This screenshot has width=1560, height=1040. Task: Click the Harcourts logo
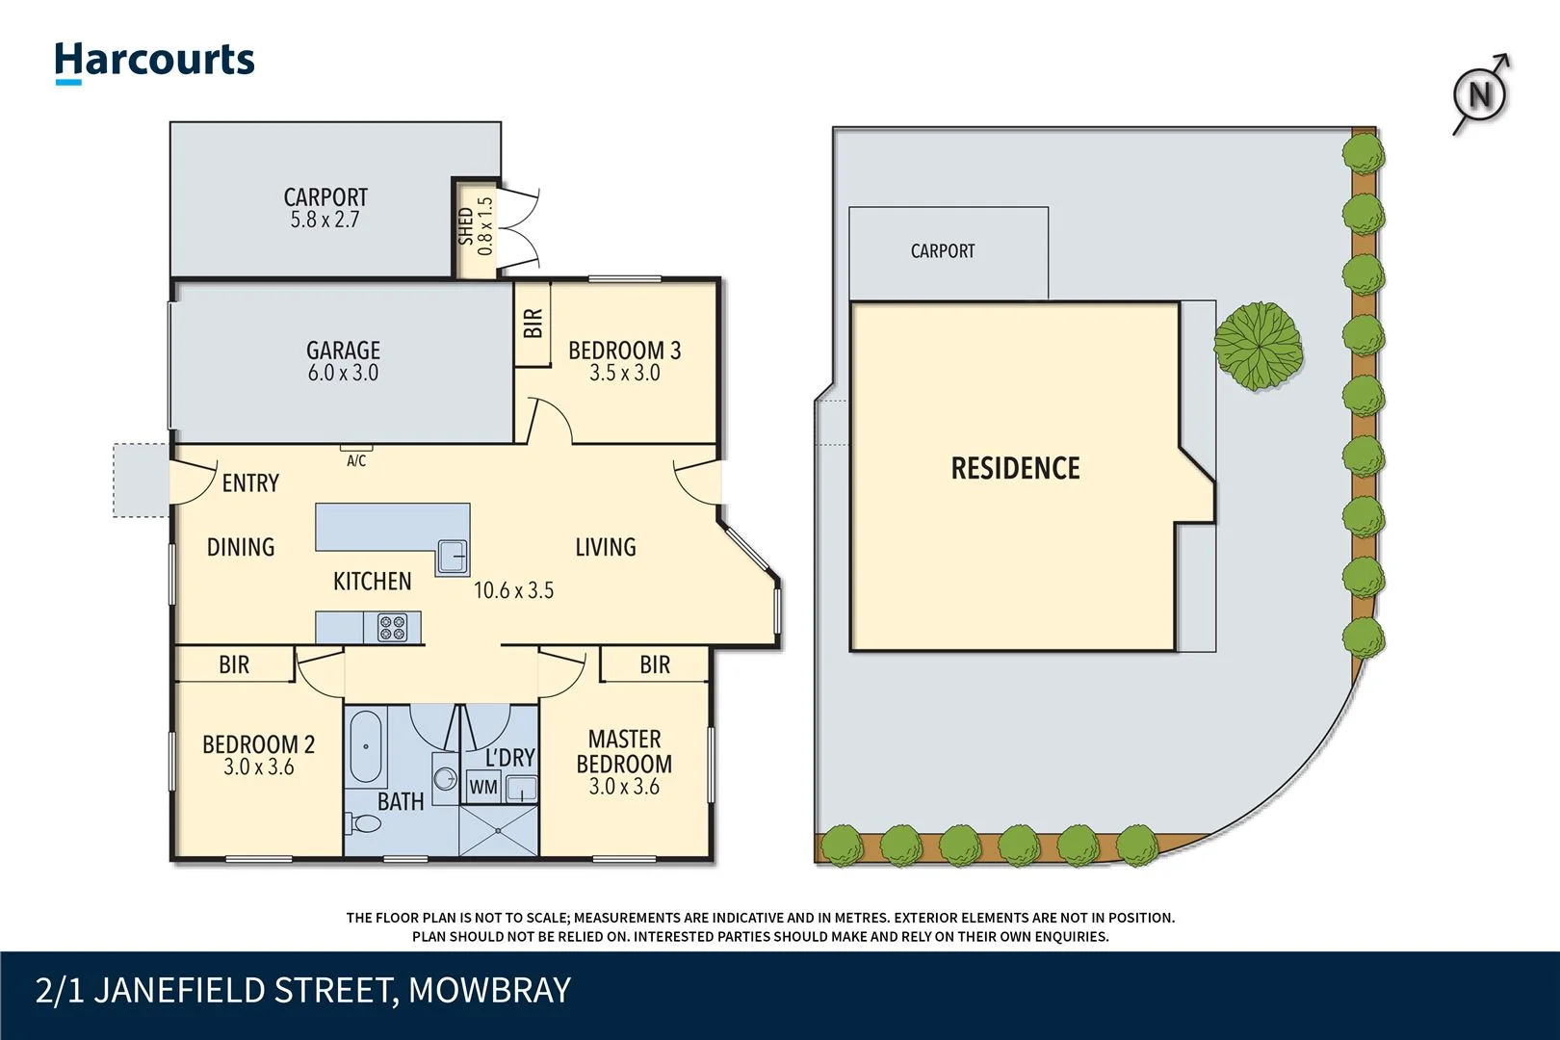(154, 62)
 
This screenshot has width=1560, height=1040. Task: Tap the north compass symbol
(1479, 94)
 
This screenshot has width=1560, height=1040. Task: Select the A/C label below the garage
(356, 461)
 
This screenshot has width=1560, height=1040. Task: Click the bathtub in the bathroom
(365, 747)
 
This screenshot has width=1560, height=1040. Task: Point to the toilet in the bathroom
(363, 824)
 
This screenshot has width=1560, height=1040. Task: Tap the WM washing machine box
(483, 787)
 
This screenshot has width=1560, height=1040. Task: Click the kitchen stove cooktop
(392, 628)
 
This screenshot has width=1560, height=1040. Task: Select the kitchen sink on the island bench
(452, 557)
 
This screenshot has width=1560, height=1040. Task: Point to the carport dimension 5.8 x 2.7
(325, 220)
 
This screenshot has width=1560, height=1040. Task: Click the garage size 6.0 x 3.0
(343, 373)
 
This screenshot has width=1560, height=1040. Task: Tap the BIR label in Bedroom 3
(533, 323)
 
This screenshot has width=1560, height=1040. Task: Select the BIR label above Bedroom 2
(234, 664)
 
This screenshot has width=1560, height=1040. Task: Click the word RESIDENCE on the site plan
(1015, 469)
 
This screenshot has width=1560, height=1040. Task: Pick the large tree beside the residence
(1258, 346)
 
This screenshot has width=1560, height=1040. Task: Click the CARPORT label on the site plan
(943, 251)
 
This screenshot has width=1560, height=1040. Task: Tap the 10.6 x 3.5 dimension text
(513, 590)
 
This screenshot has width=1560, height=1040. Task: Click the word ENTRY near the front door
(250, 483)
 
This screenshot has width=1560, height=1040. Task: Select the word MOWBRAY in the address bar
(489, 991)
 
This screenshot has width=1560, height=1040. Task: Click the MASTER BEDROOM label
(624, 751)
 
